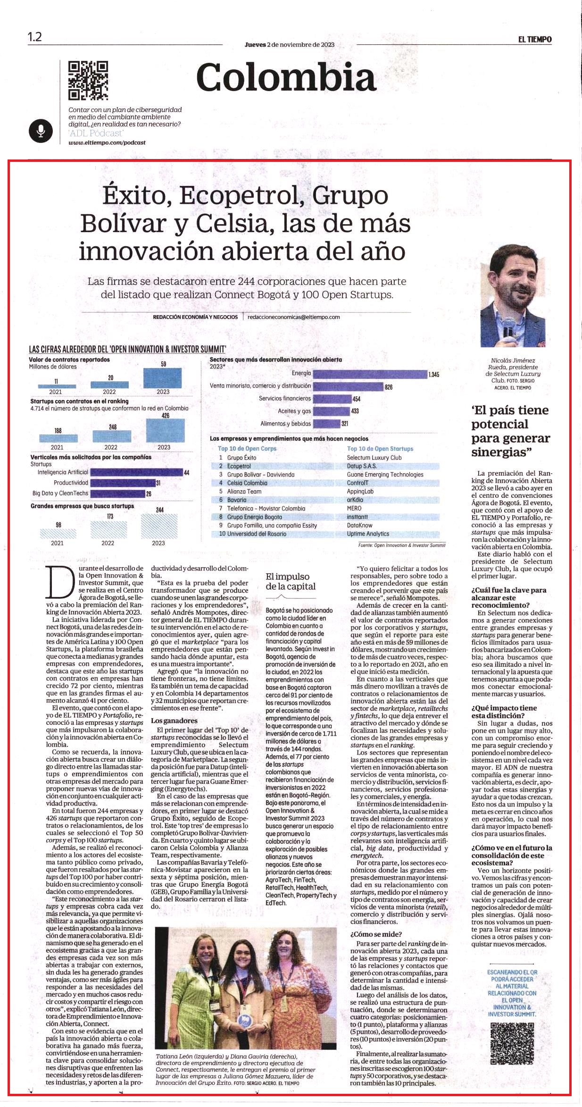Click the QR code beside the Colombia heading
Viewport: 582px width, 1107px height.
[88, 81]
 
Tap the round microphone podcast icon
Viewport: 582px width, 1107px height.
[41, 131]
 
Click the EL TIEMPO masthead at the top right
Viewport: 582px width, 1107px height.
[535, 40]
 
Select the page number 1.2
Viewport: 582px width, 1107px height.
[34, 37]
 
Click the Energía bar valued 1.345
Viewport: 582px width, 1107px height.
[370, 374]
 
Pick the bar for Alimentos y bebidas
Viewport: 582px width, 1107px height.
[326, 424]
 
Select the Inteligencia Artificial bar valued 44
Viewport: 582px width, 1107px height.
[136, 472]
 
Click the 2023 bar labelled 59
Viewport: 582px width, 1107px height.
[163, 378]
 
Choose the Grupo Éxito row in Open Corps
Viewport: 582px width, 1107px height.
[242, 458]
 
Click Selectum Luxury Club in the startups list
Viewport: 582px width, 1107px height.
[374, 458]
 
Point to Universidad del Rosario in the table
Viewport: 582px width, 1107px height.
[257, 534]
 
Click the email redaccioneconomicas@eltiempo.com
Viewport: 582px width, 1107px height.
[293, 317]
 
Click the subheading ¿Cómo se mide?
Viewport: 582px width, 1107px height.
[376, 934]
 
